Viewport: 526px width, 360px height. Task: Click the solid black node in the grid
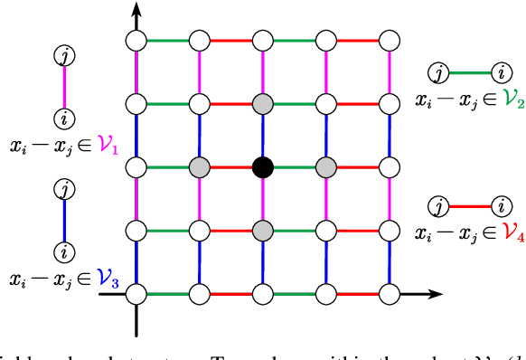(x=262, y=167)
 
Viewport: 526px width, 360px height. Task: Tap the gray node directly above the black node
(x=262, y=103)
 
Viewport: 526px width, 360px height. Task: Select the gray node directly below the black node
(x=262, y=231)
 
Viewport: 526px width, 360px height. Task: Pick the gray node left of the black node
(x=199, y=167)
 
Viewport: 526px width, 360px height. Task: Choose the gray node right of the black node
(x=325, y=167)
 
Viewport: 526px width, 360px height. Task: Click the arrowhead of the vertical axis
(x=136, y=11)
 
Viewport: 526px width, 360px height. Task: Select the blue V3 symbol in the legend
(x=108, y=279)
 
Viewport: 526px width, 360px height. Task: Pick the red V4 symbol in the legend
(x=515, y=232)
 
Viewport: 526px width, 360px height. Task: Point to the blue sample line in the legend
(x=64, y=220)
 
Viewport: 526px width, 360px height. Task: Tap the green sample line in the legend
(x=469, y=71)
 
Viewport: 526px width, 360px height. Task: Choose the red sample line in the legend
(x=469, y=205)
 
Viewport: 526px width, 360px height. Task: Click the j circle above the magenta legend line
(x=64, y=56)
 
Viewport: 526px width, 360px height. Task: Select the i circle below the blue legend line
(x=64, y=251)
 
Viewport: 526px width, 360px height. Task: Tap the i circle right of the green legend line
(x=500, y=71)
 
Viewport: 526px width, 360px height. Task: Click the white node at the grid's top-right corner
(x=390, y=40)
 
